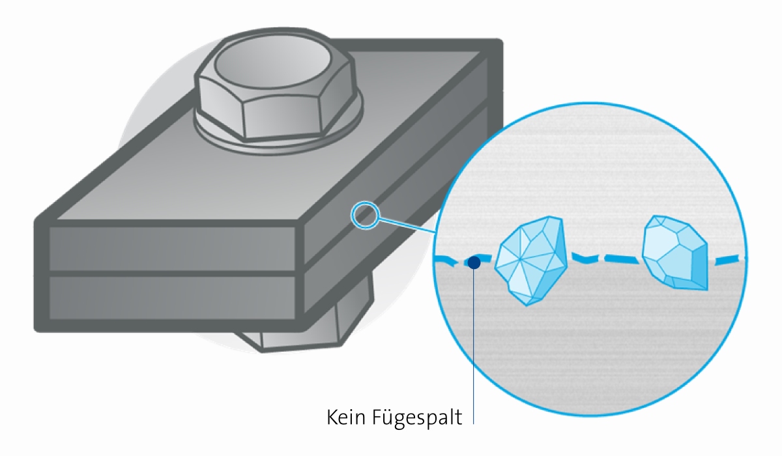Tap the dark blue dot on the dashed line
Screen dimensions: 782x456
pos(474,263)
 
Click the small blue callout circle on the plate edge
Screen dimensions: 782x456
pos(365,215)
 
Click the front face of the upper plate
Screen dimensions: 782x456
pos(173,248)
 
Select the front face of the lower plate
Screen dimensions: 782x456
pos(173,298)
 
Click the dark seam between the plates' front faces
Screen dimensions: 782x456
pos(173,274)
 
